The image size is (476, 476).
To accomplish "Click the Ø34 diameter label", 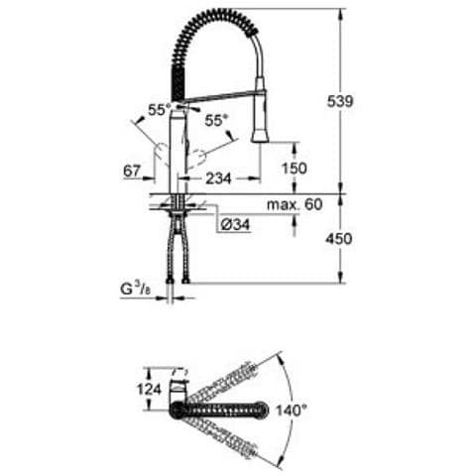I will point(233,225).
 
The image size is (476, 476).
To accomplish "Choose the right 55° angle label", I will point(216,120).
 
